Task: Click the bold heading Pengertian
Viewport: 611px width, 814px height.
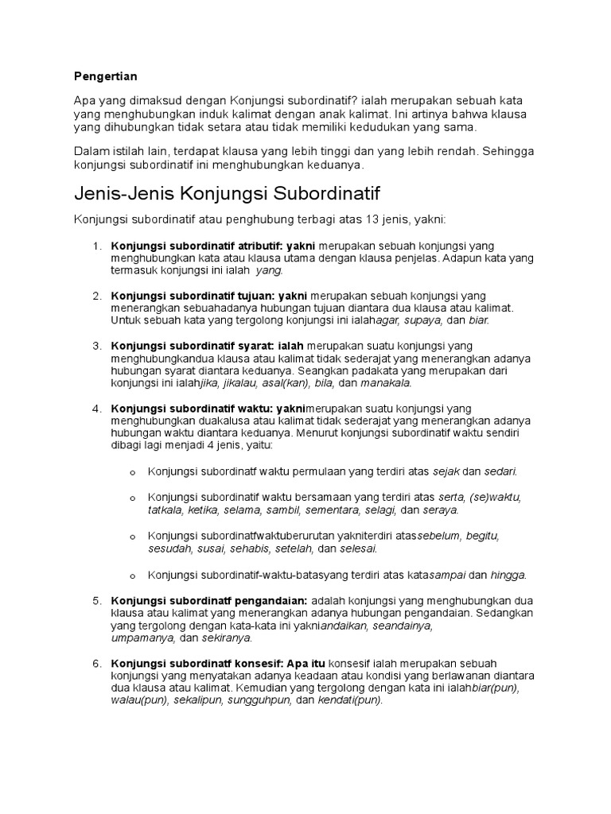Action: click(105, 76)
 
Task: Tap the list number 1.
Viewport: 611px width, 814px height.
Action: click(96, 246)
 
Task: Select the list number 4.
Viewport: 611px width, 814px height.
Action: click(96, 409)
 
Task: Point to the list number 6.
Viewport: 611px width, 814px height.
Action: click(96, 663)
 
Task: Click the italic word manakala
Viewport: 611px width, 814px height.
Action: click(386, 382)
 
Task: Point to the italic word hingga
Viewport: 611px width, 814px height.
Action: click(508, 575)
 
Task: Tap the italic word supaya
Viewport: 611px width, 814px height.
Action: click(423, 320)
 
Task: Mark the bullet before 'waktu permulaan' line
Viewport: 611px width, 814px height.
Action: click(133, 472)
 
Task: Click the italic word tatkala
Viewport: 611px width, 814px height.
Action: click(165, 510)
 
